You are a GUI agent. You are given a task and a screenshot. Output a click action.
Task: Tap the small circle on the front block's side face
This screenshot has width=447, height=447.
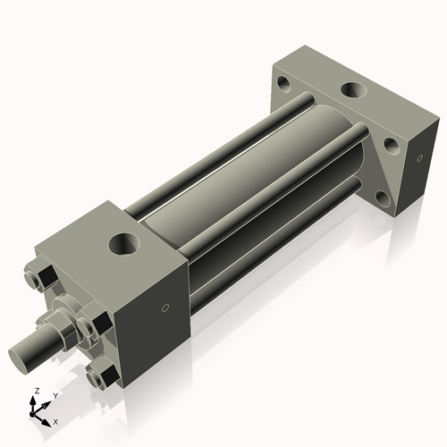coord(164,309)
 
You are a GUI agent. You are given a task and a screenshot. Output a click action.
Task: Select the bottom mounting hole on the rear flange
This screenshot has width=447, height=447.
coord(385,191)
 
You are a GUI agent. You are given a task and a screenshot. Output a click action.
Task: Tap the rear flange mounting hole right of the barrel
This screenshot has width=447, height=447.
coord(390,143)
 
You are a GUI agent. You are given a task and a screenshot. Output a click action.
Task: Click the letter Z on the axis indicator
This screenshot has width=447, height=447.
coord(35,392)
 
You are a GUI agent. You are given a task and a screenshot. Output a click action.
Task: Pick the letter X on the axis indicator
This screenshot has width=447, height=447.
coord(55,420)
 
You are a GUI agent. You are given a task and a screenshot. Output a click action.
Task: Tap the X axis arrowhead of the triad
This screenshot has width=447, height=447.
coord(46,418)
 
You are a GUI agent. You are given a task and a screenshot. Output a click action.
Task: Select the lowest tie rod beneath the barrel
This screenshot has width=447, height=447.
coord(268,259)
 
